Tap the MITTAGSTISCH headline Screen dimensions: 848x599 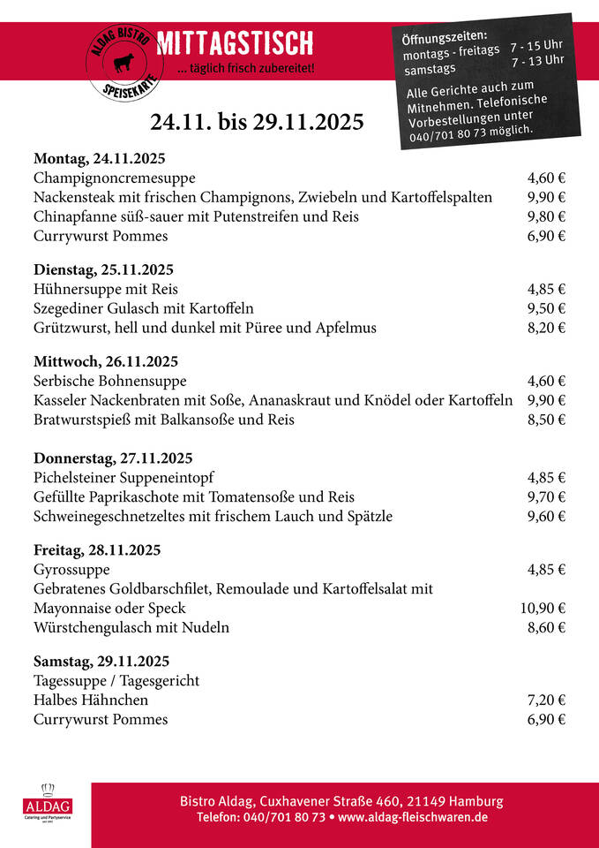click(x=234, y=42)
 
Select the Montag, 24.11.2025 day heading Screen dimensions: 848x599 click(x=99, y=159)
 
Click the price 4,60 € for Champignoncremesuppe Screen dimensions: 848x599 click(x=546, y=178)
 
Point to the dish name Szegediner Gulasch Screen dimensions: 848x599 click(x=143, y=308)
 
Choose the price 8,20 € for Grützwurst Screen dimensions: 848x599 click(x=546, y=328)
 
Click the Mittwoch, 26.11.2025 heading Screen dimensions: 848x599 click(x=106, y=361)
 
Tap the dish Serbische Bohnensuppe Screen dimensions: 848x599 click(x=110, y=381)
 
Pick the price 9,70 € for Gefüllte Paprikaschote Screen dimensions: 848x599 click(x=546, y=496)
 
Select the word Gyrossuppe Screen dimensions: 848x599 click(x=71, y=570)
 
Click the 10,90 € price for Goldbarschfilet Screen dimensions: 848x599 click(x=543, y=608)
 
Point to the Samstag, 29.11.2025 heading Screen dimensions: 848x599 click(x=101, y=661)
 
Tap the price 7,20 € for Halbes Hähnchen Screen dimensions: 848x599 click(x=546, y=700)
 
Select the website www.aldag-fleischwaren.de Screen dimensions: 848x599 click(x=413, y=818)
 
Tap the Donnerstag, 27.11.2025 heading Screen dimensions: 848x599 click(x=113, y=458)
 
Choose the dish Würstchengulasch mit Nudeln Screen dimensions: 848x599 click(x=131, y=628)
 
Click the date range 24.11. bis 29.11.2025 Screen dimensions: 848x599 click(x=257, y=122)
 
